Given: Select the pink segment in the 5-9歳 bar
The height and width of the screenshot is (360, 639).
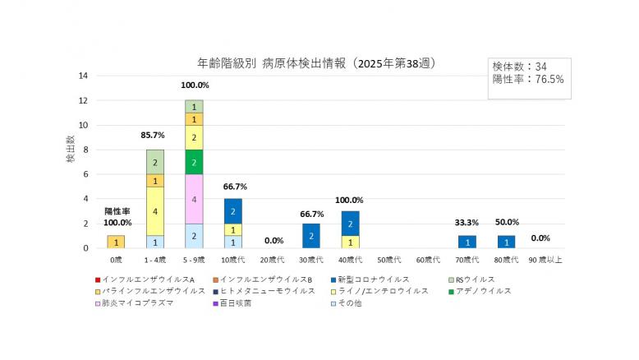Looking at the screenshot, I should tap(194, 198).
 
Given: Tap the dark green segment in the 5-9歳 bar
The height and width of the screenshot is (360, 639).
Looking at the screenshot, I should tap(194, 162).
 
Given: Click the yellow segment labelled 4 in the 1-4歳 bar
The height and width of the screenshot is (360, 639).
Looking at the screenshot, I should tap(155, 210).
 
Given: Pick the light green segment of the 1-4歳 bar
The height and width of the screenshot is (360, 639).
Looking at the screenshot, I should tap(155, 162).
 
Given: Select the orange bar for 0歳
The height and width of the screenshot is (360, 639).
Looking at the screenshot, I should tap(116, 242).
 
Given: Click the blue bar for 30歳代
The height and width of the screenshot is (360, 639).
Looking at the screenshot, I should tap(312, 235).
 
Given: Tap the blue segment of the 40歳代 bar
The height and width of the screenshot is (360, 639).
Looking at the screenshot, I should tap(351, 223).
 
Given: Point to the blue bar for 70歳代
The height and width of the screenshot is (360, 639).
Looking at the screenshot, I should tap(467, 242).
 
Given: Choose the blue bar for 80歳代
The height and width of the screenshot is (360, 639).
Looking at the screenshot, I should tap(507, 242).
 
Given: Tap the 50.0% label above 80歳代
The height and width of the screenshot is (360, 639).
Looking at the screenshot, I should tap(507, 222).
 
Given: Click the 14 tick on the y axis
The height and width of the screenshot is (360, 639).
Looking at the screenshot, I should tap(83, 76).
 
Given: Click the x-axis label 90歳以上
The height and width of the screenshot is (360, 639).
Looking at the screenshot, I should tap(545, 261).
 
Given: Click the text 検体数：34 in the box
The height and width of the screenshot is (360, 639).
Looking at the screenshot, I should tap(519, 66).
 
